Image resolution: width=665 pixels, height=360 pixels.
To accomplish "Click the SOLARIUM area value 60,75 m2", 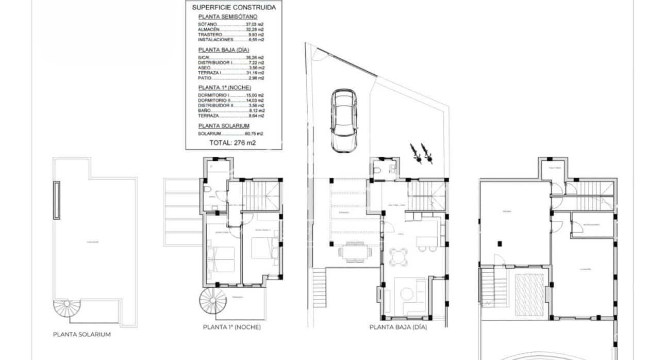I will click(255, 134).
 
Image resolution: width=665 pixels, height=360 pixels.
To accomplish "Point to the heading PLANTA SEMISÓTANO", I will click(224, 17).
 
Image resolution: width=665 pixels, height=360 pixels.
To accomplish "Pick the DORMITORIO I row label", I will click(214, 95).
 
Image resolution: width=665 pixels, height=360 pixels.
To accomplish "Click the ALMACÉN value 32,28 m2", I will click(255, 29).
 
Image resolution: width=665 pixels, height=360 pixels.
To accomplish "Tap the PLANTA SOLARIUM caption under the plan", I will click(82, 334).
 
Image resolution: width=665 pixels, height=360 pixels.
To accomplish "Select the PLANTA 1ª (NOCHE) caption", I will click(231, 327).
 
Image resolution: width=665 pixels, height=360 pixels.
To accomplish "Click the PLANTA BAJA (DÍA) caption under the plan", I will click(398, 327).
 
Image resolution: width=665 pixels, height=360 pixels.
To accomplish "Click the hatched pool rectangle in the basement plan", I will click(529, 294).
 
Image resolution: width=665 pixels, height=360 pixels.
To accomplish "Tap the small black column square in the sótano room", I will click(498, 243).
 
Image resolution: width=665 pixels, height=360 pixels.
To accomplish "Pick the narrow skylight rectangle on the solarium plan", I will click(57, 200).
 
